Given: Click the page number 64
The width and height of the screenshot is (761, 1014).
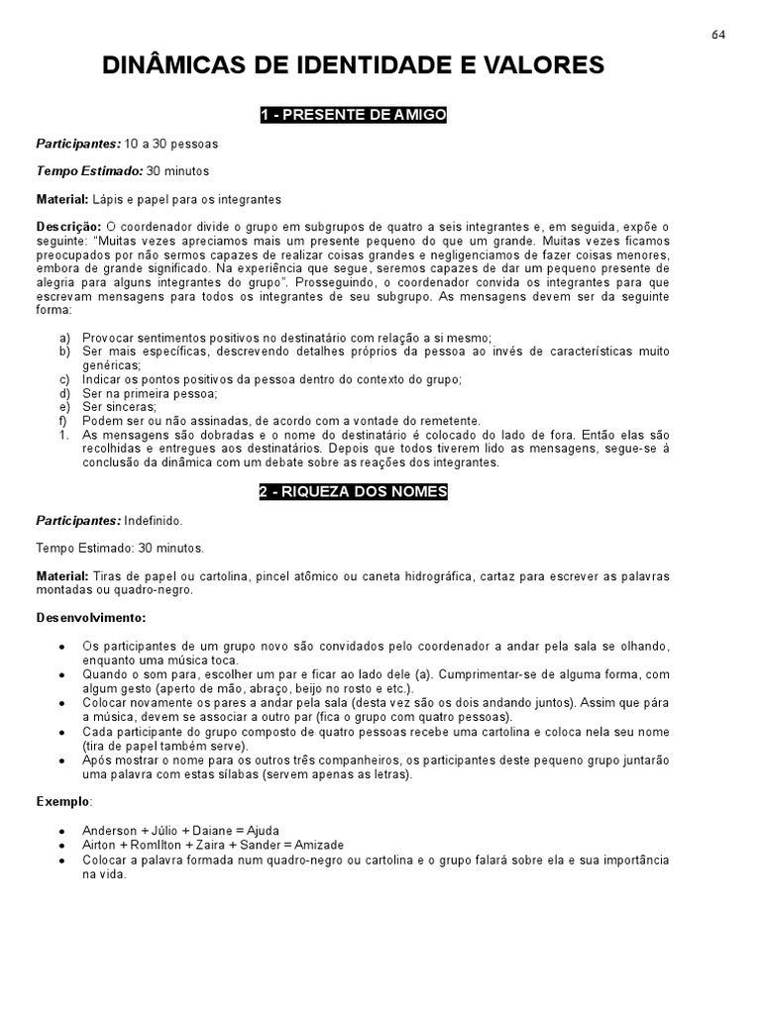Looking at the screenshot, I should click(718, 35).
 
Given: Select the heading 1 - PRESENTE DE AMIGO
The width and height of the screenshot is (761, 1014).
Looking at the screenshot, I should click(354, 116).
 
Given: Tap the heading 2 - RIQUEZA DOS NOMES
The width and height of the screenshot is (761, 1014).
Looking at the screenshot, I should click(354, 492).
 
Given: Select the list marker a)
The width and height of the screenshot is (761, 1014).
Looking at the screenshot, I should click(64, 339).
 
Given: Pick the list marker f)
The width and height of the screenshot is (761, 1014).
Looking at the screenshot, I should click(64, 421).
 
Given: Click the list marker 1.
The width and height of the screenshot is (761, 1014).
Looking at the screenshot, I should click(63, 435).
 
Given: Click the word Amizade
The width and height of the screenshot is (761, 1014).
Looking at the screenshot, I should click(312, 845).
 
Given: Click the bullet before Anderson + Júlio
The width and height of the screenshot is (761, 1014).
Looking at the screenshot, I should click(62, 831).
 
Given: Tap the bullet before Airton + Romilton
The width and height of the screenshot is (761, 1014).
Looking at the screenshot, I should click(62, 845).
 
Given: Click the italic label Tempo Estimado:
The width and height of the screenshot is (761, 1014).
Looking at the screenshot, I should click(89, 171).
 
